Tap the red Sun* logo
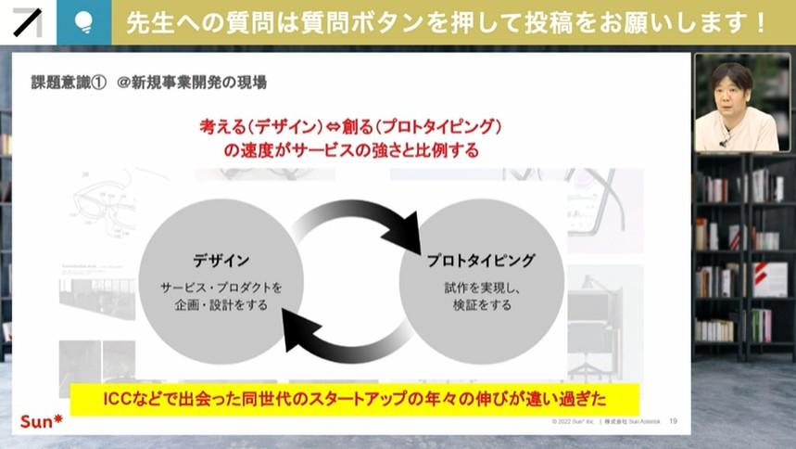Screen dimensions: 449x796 click(x=42, y=422)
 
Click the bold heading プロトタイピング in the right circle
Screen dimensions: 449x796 click(x=482, y=262)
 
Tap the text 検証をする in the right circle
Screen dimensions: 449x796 click(x=482, y=304)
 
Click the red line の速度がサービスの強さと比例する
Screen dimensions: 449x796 click(x=351, y=149)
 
